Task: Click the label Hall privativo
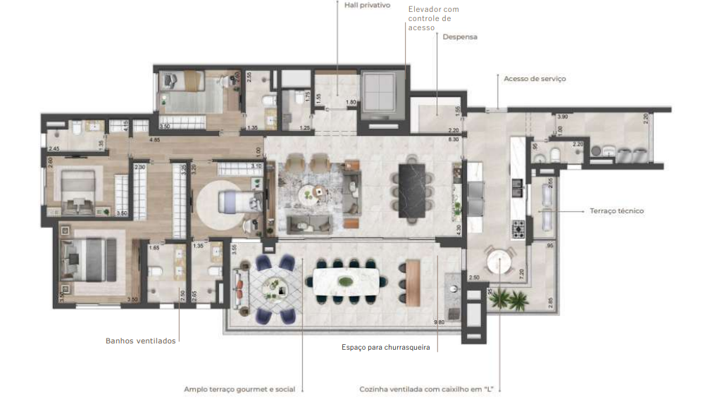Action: tap(367, 5)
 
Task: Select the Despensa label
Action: tap(460, 37)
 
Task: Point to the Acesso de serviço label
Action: tap(535, 79)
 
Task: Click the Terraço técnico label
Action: tap(616, 210)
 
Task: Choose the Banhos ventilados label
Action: tap(141, 341)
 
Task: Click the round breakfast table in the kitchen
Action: tap(499, 263)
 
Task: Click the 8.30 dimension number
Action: tap(454, 140)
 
